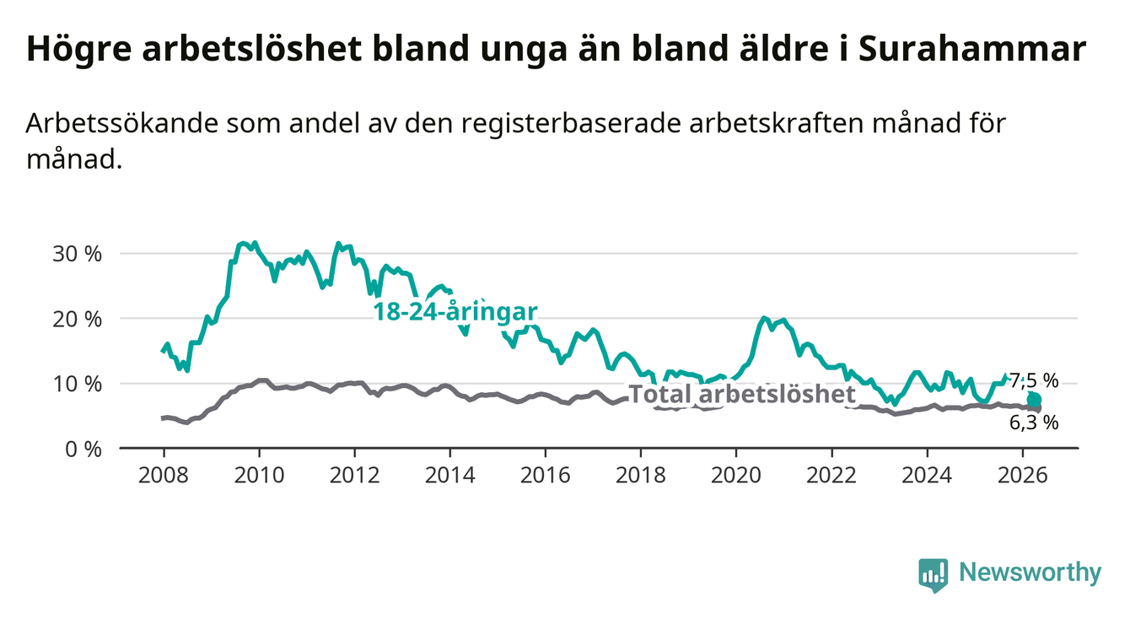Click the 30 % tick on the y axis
tap(78, 254)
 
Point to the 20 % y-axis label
tap(78, 320)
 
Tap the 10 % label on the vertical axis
tap(78, 385)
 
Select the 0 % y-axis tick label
tap(83, 449)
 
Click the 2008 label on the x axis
tap(164, 476)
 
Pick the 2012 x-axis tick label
tap(355, 476)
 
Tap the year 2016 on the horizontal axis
tap(546, 476)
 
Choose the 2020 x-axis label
tap(736, 476)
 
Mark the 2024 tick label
tap(928, 476)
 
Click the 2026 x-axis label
tap(1023, 476)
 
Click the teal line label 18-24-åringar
tap(455, 312)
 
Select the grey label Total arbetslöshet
tap(743, 394)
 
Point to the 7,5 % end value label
tap(1034, 381)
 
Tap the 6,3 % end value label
tap(1034, 423)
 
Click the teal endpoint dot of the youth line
tap(1034, 400)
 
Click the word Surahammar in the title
tap(972, 49)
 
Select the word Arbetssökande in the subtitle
tap(121, 124)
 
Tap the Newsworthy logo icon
tap(933, 575)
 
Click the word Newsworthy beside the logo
tap(1030, 573)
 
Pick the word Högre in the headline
tap(79, 50)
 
